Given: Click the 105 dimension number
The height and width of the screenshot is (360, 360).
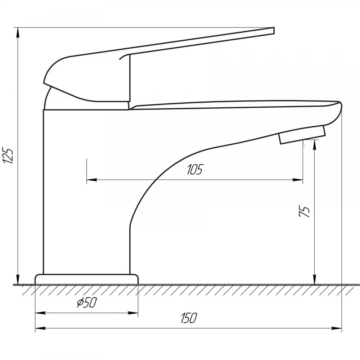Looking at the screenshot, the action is (x=195, y=170).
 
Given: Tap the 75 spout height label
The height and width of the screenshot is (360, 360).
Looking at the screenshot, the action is (x=305, y=211).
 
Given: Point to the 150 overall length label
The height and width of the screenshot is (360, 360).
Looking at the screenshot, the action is (x=189, y=318).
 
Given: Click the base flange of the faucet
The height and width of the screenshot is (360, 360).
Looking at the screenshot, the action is (x=86, y=279).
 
